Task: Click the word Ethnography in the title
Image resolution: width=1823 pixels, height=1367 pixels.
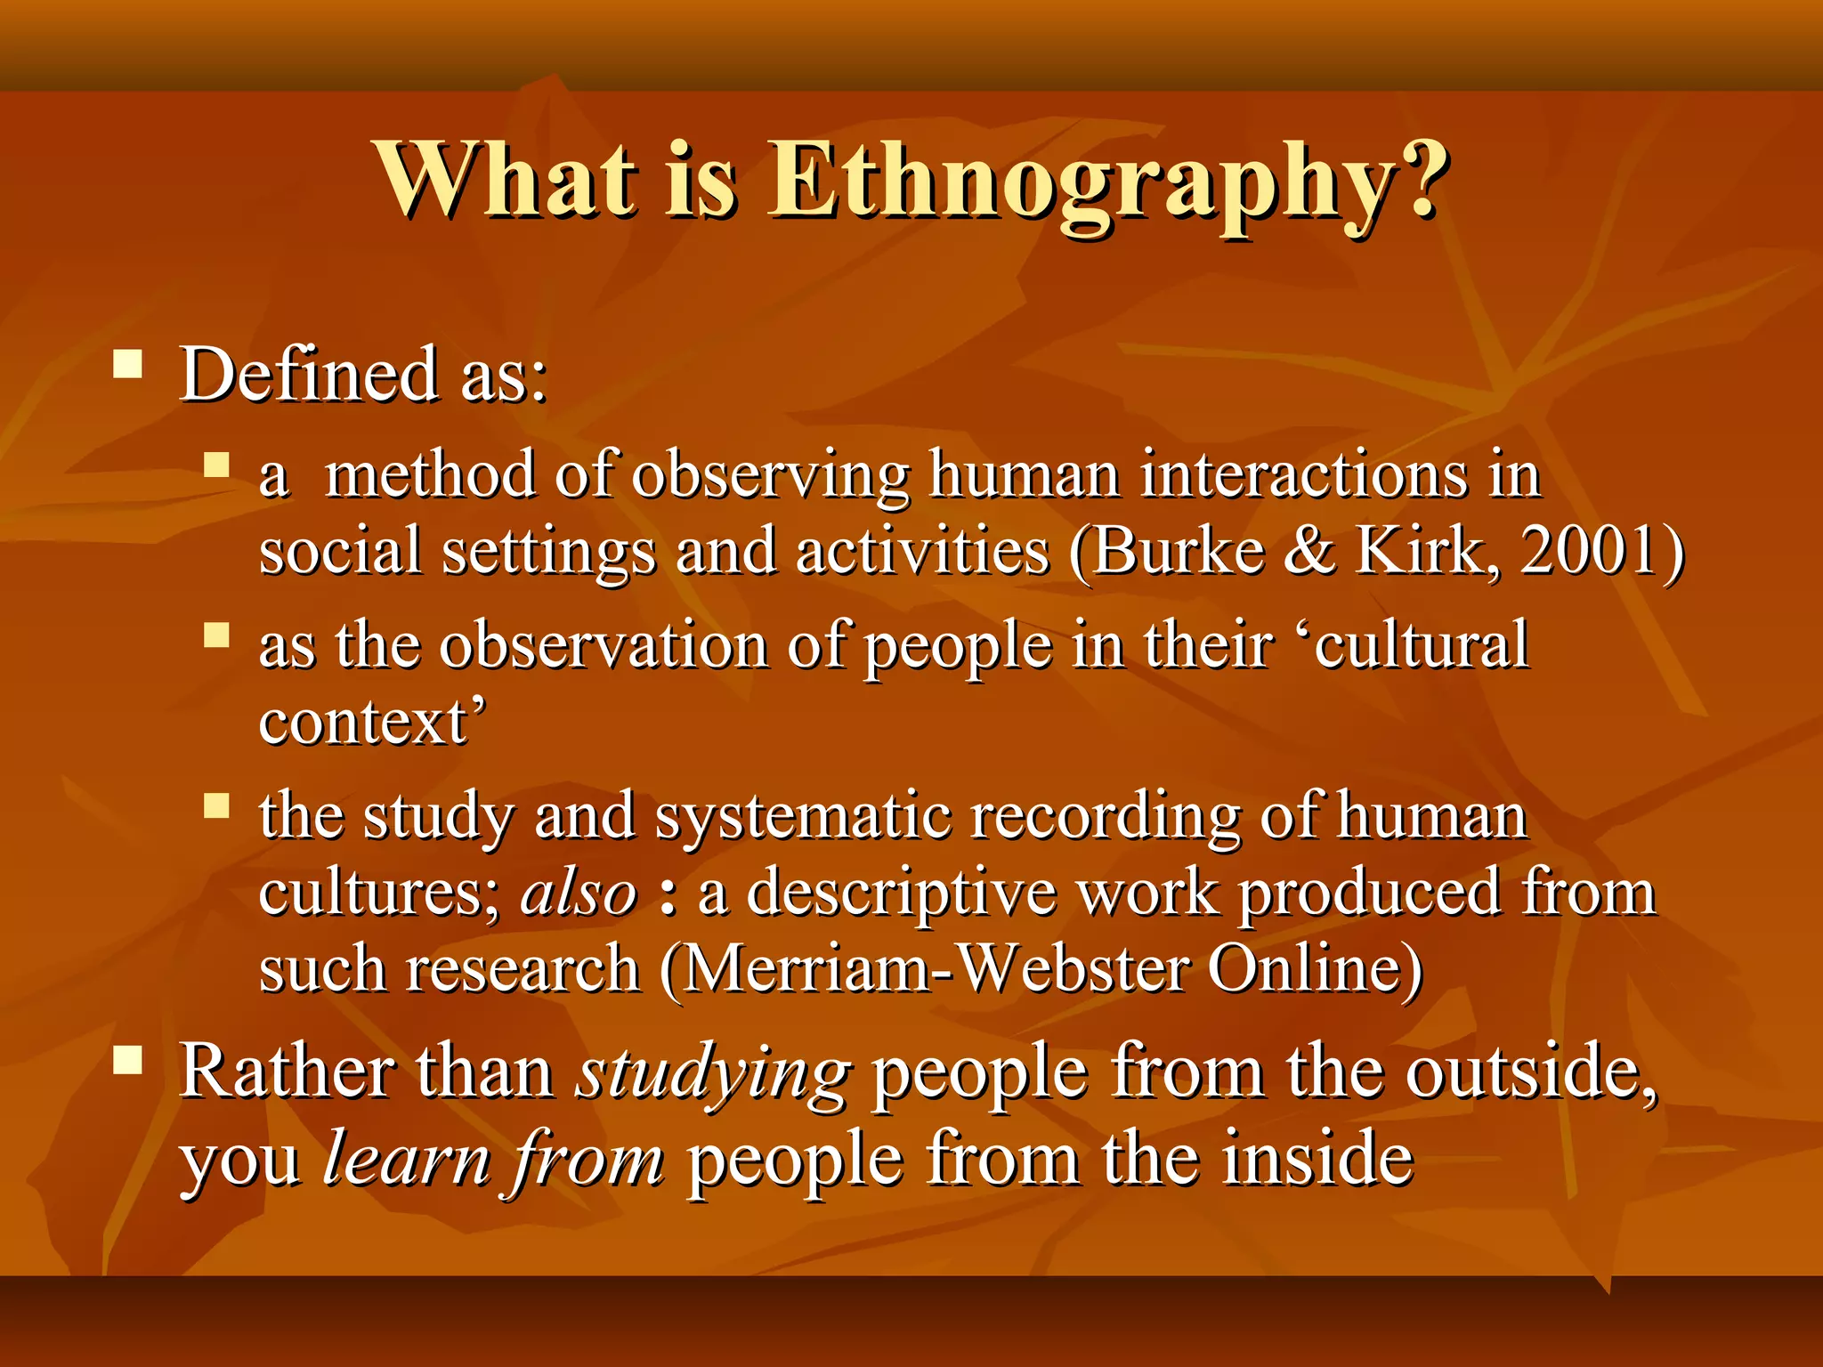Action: tap(1108, 182)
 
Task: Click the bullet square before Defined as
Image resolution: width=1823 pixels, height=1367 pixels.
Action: tap(128, 365)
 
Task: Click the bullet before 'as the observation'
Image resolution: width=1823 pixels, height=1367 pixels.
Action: tap(216, 635)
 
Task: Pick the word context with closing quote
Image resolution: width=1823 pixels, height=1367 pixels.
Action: tap(372, 722)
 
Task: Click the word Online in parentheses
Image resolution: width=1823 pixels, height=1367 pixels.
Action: tap(1314, 968)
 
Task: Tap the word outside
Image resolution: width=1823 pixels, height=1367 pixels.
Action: tap(1530, 1072)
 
